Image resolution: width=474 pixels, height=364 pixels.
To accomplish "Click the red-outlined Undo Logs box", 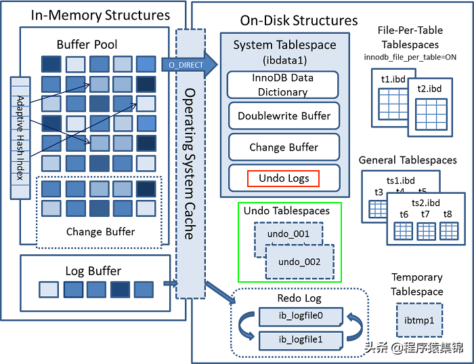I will (284, 178).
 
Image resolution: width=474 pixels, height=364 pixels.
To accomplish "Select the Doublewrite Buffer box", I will (284, 116).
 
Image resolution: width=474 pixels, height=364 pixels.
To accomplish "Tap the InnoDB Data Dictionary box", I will (283, 85).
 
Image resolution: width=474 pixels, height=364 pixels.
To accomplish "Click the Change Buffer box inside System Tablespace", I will (284, 147).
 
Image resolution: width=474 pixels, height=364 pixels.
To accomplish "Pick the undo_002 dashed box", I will (299, 262).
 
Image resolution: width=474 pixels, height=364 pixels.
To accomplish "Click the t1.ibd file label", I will (393, 79).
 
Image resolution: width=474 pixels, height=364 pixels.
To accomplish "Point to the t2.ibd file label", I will (429, 89).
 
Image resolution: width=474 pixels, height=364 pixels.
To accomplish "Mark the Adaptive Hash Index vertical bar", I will (20, 138).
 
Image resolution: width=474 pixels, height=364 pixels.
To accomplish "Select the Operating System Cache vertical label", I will (190, 163).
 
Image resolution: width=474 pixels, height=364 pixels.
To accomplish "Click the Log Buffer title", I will (93, 271).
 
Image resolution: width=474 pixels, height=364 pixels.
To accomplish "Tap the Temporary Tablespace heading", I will (417, 284).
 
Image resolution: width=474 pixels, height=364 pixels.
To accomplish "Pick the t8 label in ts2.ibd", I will (447, 214).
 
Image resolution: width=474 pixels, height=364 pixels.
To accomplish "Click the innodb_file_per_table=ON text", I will (410, 57).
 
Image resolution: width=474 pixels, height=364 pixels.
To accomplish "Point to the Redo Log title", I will (299, 298).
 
